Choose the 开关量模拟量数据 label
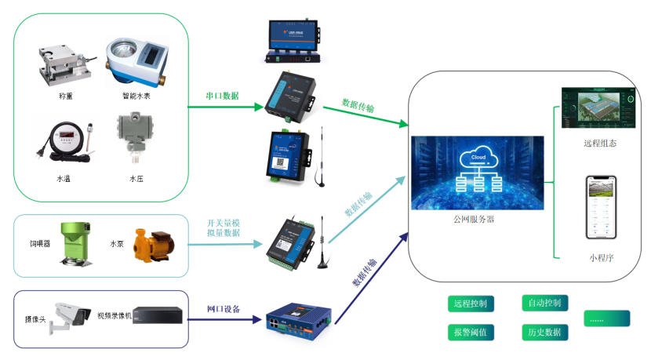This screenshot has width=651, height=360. pos(223,228)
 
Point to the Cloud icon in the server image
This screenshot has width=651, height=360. pos(478,156)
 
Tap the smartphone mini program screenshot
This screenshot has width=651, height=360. pos(602,207)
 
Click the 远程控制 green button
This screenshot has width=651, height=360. pos(470,303)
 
